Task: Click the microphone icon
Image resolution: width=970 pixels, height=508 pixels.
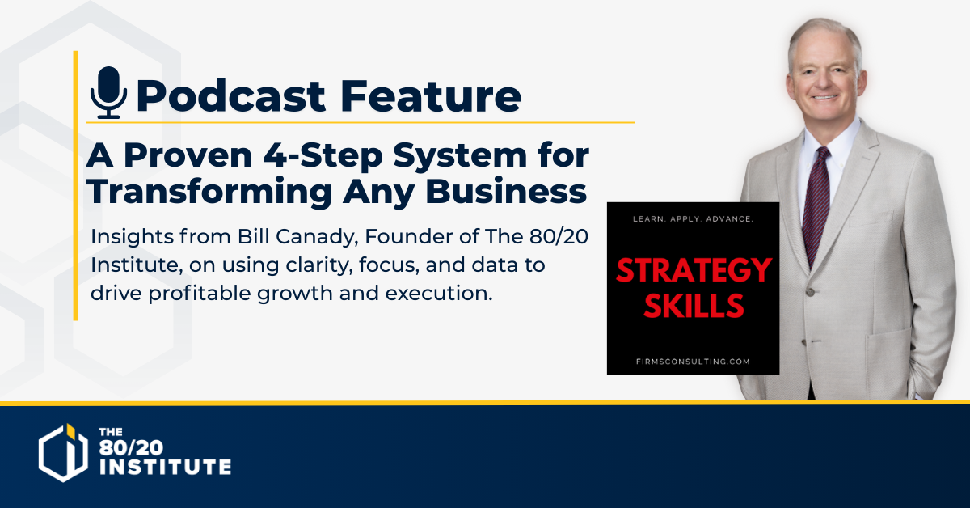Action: [108, 93]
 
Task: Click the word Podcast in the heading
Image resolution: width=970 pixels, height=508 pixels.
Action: [230, 95]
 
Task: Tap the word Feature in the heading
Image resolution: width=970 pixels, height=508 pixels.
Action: [431, 95]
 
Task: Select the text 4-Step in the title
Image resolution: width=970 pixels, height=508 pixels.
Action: [323, 155]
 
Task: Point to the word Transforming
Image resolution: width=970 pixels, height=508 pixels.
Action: [210, 191]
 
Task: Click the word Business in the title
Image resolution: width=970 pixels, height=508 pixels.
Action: [506, 191]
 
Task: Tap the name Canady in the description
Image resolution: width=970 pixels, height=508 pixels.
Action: [317, 237]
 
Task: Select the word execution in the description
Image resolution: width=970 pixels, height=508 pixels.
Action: [439, 294]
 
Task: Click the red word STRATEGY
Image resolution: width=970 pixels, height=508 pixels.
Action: [694, 270]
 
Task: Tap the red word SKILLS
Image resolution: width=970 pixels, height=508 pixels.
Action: [694, 306]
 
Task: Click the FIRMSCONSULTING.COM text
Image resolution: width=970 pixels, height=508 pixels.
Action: [693, 362]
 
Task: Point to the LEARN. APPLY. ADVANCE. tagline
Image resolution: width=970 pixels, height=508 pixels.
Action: [693, 219]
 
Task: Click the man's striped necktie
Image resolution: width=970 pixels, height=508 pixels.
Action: [816, 204]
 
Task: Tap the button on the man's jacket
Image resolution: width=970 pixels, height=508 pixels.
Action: [810, 292]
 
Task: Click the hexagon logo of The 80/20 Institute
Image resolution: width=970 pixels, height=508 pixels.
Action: [63, 452]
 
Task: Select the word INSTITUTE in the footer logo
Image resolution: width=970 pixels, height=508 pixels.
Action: [166, 467]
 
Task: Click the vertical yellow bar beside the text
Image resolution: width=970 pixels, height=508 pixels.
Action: [76, 185]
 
